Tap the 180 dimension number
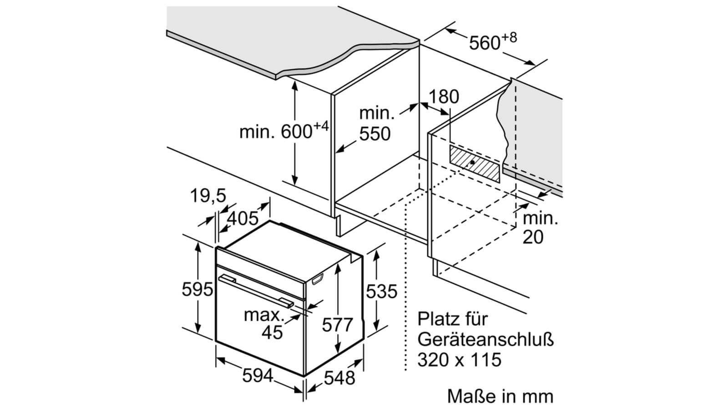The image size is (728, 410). coord(444,97)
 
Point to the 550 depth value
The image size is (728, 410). coord(375,134)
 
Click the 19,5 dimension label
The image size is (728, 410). coord(208,196)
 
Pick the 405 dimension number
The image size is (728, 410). coord(243,218)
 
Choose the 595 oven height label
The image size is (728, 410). coord(197,289)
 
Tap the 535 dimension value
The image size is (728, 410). coord(382,291)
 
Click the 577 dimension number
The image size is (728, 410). coord(337,324)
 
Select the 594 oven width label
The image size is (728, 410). coord(258,376)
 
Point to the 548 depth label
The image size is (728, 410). coord(339,378)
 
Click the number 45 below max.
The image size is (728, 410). coord(273,332)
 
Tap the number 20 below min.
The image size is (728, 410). coord(533,237)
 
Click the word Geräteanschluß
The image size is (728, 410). coord(485,340)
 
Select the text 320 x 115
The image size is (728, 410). coord(460,359)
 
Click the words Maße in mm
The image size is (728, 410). coord(500,396)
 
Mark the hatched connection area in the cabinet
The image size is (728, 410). coord(475,164)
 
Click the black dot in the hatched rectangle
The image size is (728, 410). coord(472,162)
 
